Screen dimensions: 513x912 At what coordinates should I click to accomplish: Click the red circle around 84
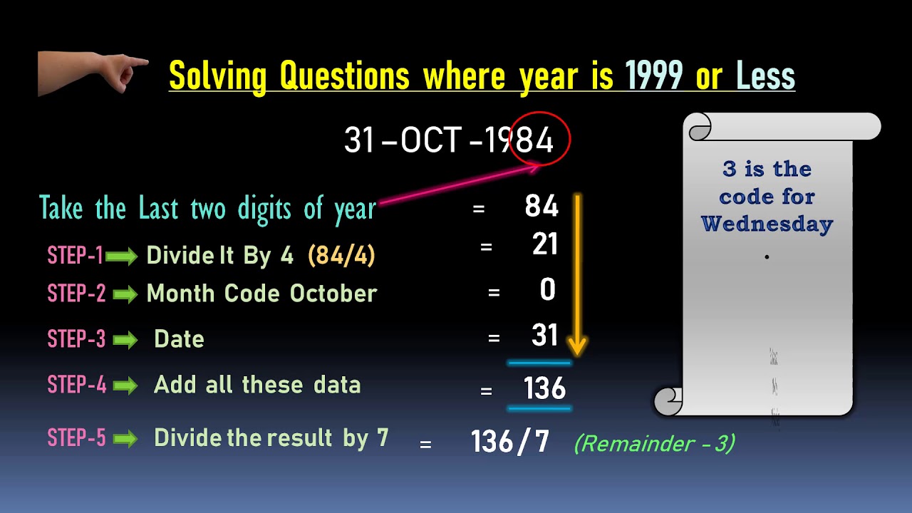(x=542, y=138)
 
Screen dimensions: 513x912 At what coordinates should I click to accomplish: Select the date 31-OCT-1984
(x=449, y=140)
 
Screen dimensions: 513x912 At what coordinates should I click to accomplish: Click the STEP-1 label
(x=75, y=256)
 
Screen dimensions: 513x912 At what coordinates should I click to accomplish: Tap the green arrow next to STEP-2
(x=125, y=294)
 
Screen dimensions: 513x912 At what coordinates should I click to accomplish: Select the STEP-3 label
(x=76, y=339)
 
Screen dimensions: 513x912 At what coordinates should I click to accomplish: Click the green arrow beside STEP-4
(x=125, y=386)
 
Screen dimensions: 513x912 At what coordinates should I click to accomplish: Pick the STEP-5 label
(x=76, y=437)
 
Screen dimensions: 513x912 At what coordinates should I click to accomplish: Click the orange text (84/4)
(x=341, y=256)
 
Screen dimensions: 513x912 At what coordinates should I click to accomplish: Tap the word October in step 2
(x=333, y=294)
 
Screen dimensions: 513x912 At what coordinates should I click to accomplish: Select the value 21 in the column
(x=545, y=245)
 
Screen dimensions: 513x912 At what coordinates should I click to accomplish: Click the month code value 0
(x=547, y=291)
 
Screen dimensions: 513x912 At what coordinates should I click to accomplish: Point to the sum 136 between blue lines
(x=544, y=389)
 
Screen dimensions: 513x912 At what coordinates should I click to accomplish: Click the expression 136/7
(x=510, y=442)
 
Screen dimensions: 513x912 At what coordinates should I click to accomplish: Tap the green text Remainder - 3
(x=654, y=444)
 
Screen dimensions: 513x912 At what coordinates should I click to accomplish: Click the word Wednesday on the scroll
(x=767, y=224)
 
